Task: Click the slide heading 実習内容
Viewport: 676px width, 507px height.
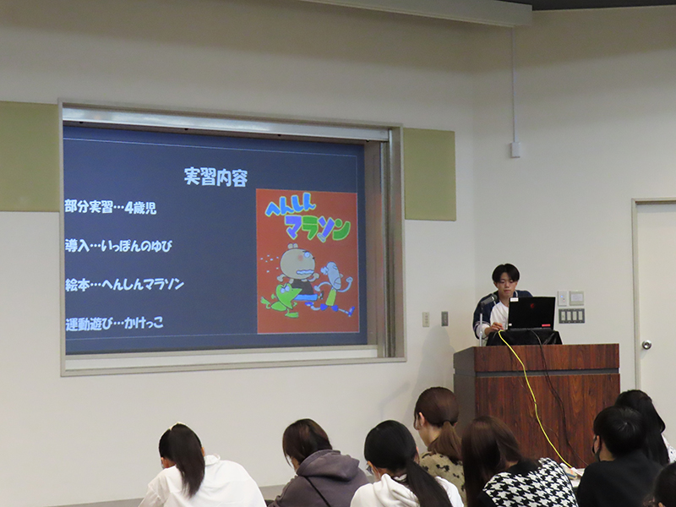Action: pos(215,177)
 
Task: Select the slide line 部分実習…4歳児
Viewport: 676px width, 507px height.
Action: pos(111,207)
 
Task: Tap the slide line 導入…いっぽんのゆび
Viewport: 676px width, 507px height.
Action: pos(118,246)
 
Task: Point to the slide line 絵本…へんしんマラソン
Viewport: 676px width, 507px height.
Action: pos(124,284)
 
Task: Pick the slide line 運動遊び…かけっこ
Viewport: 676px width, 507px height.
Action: pos(114,323)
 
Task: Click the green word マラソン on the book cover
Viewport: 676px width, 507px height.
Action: pos(318,227)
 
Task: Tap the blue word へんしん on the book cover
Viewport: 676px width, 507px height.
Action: pos(291,204)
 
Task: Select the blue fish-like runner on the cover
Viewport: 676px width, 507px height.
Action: pos(334,286)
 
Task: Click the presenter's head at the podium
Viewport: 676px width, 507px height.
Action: pos(505,279)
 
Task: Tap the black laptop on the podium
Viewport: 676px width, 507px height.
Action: pos(531,313)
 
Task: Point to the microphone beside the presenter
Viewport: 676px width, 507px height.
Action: pos(488,299)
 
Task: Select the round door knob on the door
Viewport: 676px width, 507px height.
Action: pos(646,345)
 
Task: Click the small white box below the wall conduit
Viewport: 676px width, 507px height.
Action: pos(515,150)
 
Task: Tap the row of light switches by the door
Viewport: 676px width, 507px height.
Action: pos(572,315)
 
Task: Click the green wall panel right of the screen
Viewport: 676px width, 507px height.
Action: pos(430,174)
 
